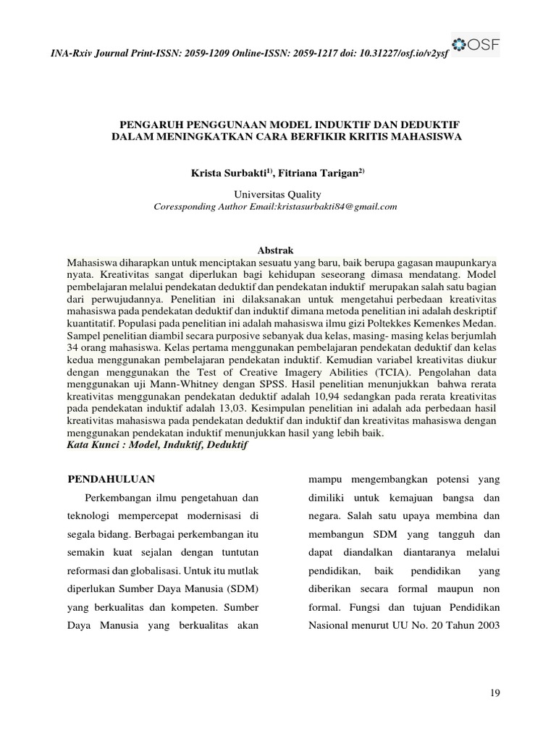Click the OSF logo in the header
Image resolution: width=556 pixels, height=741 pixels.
[x=475, y=45]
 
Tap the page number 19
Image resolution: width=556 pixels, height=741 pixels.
[x=495, y=693]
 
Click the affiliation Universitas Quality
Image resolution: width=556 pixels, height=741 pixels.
[x=277, y=194]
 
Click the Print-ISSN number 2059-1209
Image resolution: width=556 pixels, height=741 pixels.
[x=217, y=55]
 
